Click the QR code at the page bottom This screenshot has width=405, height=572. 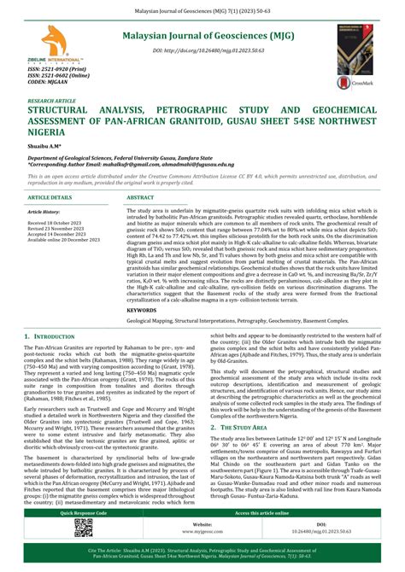click(83, 528)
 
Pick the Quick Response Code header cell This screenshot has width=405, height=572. click(83, 513)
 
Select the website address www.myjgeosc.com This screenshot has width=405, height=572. click(202, 530)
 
